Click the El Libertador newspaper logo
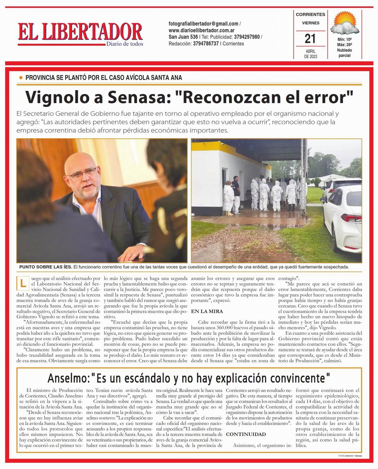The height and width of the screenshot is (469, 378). coord(80,32)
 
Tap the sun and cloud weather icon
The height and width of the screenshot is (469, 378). coord(345,24)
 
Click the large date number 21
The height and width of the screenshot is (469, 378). coord(310,39)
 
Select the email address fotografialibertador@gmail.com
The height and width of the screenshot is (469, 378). coord(203,24)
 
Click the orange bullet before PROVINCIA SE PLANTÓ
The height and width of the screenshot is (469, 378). coord(21,77)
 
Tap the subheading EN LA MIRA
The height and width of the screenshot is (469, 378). coord(207,311)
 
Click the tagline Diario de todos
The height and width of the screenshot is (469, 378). coord(124,44)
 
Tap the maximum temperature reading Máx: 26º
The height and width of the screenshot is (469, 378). coord(344,45)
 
